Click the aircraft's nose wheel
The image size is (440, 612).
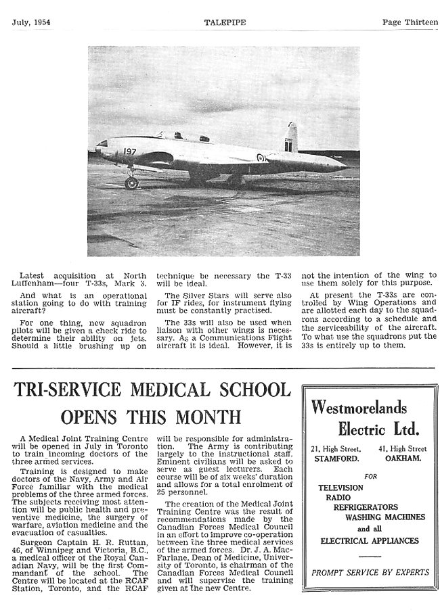[131, 183]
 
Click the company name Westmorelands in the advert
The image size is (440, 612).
[359, 407]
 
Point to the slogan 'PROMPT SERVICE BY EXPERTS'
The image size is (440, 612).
[370, 572]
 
